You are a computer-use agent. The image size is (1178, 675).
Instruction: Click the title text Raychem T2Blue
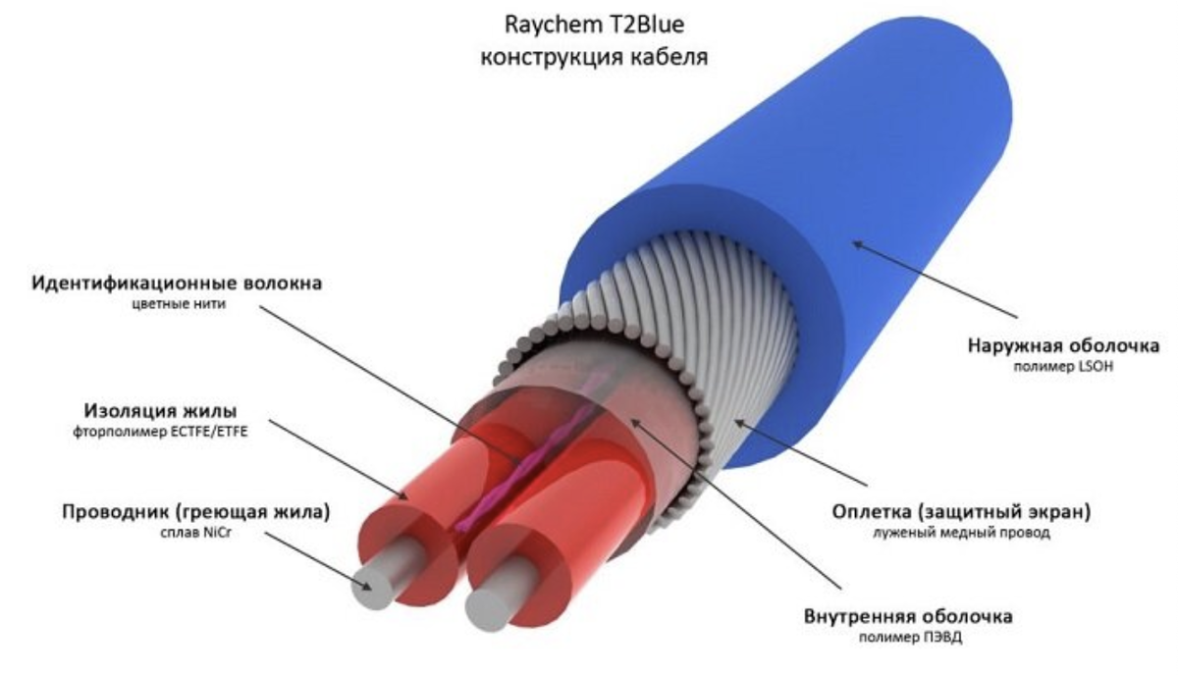click(594, 26)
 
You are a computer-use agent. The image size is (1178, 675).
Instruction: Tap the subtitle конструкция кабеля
click(594, 57)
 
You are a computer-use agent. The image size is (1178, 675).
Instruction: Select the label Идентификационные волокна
click(177, 284)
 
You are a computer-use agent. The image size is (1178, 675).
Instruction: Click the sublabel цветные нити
click(179, 304)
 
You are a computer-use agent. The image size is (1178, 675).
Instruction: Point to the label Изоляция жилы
click(160, 410)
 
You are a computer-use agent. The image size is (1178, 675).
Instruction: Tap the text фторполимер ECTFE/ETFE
click(160, 432)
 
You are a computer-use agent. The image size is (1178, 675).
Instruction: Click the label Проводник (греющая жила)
click(196, 511)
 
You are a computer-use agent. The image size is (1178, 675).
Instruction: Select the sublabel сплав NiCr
click(195, 533)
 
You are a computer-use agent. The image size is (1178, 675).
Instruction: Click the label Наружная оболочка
click(1063, 346)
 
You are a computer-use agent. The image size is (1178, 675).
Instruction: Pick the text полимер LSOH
click(1063, 366)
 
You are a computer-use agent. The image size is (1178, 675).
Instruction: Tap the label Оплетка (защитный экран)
click(961, 511)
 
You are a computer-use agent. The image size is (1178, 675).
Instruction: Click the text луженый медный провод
click(961, 533)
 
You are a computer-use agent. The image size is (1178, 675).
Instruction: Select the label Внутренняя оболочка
click(908, 616)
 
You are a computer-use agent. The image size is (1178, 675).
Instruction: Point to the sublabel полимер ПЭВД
click(910, 637)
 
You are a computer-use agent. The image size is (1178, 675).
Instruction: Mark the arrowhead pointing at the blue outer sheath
click(856, 244)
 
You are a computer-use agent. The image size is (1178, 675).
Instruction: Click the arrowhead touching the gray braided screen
click(739, 422)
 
